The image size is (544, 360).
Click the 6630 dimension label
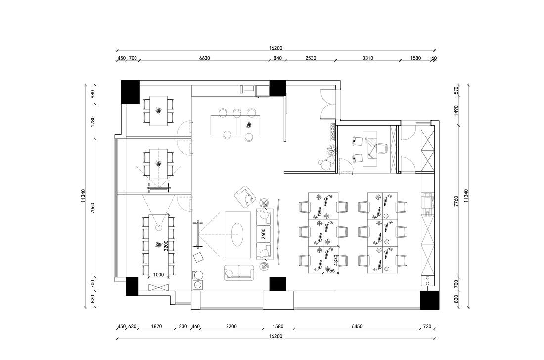[x=204, y=58]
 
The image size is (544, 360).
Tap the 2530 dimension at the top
[x=311, y=58]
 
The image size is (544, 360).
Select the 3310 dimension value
[x=368, y=58]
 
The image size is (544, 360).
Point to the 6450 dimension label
[x=357, y=326]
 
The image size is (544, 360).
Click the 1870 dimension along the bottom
[x=156, y=326]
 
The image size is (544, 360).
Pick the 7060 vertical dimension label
[x=92, y=207]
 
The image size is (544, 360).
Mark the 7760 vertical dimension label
[x=456, y=201]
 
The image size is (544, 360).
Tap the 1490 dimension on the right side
[x=456, y=110]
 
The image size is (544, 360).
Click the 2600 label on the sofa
[x=263, y=234]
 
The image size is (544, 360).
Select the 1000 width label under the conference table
[x=158, y=275]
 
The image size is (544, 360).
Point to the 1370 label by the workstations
[x=335, y=260]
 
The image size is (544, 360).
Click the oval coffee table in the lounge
[x=237, y=234]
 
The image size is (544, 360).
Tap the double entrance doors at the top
[x=328, y=104]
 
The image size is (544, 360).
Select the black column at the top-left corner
[x=131, y=92]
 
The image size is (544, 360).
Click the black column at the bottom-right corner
[x=429, y=300]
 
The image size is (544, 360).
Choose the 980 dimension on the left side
[x=92, y=94]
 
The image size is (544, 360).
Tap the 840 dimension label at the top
[x=277, y=58]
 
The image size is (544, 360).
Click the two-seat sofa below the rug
[x=239, y=271]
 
